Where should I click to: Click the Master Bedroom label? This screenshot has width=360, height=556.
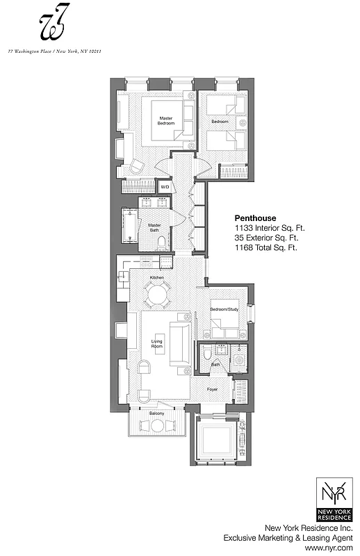click(x=165, y=121)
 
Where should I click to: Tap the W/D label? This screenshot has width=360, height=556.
click(x=165, y=187)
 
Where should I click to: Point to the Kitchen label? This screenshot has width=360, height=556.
click(x=157, y=278)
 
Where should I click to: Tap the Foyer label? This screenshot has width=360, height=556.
click(x=212, y=389)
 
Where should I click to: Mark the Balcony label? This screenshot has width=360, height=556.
click(x=157, y=415)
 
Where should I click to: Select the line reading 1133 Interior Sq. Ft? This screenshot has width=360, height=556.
click(x=269, y=227)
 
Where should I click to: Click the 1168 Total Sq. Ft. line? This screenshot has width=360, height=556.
click(x=266, y=247)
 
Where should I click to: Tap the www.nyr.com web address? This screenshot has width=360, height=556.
click(x=335, y=548)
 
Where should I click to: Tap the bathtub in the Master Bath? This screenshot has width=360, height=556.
click(x=131, y=226)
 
